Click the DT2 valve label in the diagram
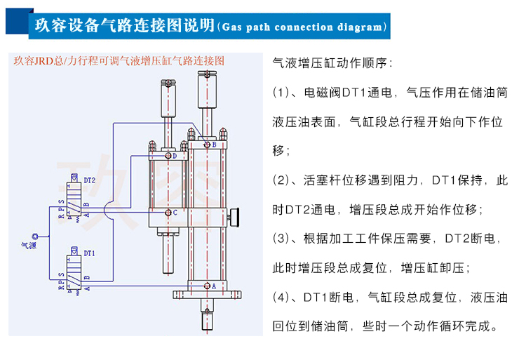click(x=89, y=181)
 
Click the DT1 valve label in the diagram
click(x=89, y=253)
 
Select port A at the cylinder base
click(x=207, y=286)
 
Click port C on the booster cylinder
click(x=169, y=212)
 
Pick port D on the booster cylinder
click(x=168, y=156)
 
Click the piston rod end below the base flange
click(x=208, y=324)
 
